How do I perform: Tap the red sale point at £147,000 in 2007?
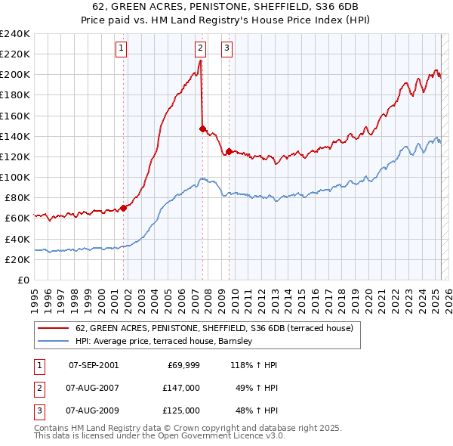[202, 129]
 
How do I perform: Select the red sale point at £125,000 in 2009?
[229, 151]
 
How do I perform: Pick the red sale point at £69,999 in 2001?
[123, 208]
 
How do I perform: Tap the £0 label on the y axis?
[23, 280]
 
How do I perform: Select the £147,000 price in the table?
[181, 388]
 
